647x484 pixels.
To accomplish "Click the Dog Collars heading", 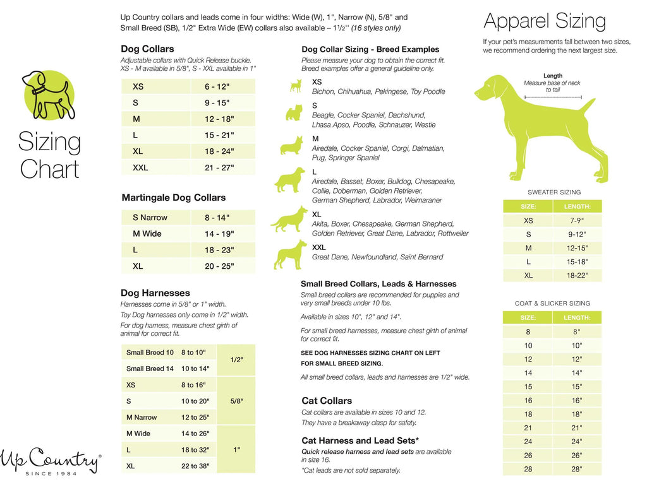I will pyautogui.click(x=147, y=49).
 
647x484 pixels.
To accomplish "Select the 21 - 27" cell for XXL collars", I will pyautogui.click(x=219, y=167).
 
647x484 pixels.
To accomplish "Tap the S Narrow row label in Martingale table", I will pyautogui.click(x=150, y=217).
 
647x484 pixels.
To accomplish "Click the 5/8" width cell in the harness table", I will pyautogui.click(x=236, y=401).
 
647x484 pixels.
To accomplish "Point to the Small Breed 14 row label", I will pyautogui.click(x=150, y=369).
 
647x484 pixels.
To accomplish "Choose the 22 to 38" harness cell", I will pyautogui.click(x=195, y=466).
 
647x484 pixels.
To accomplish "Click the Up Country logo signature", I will pyautogui.click(x=49, y=461).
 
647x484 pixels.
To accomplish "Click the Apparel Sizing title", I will pyautogui.click(x=545, y=21).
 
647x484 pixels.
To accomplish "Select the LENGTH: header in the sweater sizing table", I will pyautogui.click(x=577, y=206).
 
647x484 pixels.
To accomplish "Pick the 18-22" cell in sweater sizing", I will pyautogui.click(x=577, y=275).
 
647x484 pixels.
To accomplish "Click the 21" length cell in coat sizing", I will pyautogui.click(x=577, y=428).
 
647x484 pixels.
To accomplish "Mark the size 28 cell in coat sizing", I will pyautogui.click(x=528, y=469).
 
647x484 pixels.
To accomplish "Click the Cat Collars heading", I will pyautogui.click(x=327, y=401).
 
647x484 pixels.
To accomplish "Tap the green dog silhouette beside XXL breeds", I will pyautogui.click(x=289, y=254).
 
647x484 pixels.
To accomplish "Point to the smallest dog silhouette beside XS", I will pyautogui.click(x=295, y=86).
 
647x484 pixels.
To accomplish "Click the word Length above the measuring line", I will pyautogui.click(x=552, y=76).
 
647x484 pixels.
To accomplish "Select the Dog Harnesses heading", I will pyautogui.click(x=155, y=293).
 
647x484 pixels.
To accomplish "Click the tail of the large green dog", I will pyautogui.click(x=588, y=103).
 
